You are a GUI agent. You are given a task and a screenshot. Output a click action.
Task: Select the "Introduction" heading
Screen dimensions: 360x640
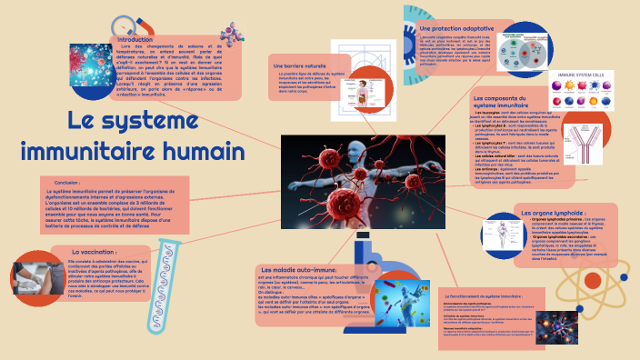(136, 40)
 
